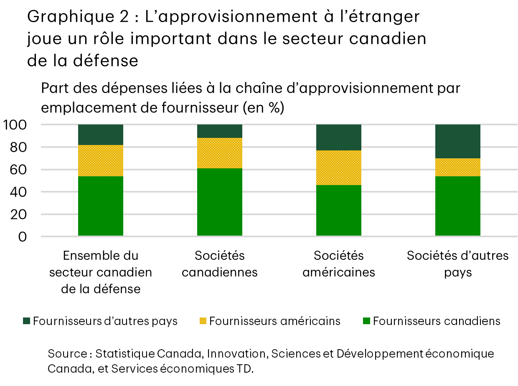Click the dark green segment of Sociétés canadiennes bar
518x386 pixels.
219,131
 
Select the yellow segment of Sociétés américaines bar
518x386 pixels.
338,168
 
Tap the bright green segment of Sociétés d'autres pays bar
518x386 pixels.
457,206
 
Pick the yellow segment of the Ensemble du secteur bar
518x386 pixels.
100,160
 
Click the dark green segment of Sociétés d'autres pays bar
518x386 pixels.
457,141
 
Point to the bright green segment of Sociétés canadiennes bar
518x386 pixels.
219,202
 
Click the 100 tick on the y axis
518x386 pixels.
15,125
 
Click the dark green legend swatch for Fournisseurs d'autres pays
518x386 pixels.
26,321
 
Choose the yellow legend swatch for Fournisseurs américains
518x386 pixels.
203,321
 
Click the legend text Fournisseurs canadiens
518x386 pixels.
436,321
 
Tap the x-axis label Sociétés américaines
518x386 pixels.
338,264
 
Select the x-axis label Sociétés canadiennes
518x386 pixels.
219,264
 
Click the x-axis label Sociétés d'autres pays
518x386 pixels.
457,264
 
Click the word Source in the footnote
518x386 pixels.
67,354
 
